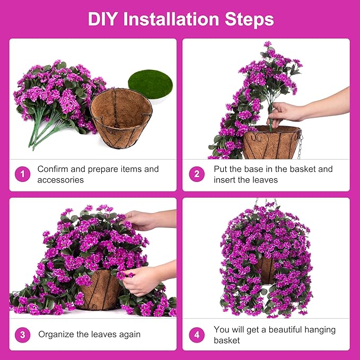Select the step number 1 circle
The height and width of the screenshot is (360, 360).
22,174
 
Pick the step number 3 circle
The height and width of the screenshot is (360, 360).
22,335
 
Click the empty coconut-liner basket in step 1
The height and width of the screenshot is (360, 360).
120,117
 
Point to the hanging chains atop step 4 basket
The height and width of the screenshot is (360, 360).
267,203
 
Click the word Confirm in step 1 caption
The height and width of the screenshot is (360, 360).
54,169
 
